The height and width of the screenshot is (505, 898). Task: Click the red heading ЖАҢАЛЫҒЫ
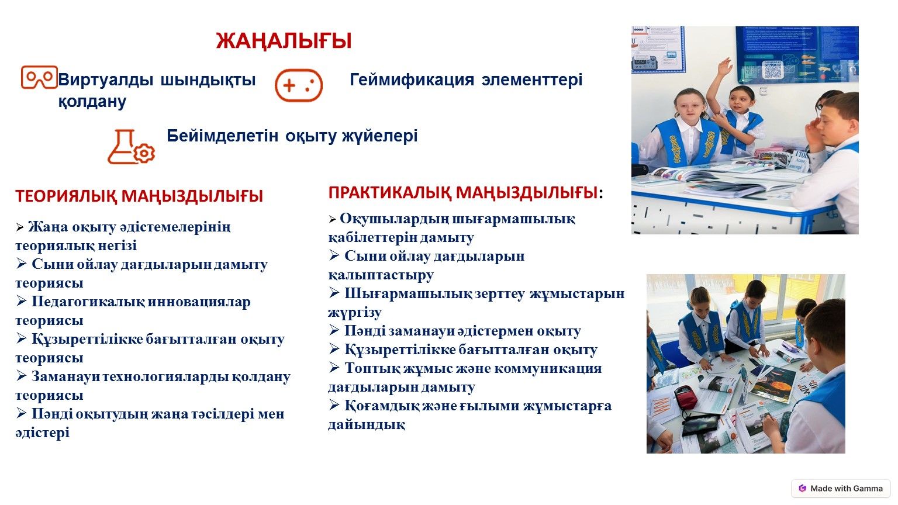(x=284, y=41)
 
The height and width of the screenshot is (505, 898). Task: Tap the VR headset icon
(x=39, y=77)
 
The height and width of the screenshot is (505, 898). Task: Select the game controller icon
(x=299, y=85)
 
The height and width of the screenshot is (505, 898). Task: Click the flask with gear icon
(x=131, y=147)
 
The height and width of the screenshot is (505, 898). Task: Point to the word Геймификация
(x=412, y=79)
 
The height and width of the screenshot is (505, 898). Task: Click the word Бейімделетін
(x=222, y=136)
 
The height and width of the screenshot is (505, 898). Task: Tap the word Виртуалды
(x=106, y=79)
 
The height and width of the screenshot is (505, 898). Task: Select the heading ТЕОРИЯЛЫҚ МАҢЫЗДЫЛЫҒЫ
(x=139, y=196)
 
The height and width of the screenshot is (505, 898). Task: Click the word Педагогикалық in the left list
(x=88, y=302)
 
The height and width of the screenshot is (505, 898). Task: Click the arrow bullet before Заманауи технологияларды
(x=22, y=376)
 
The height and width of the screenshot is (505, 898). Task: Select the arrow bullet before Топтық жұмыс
(x=334, y=367)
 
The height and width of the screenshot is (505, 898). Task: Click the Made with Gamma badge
(x=841, y=488)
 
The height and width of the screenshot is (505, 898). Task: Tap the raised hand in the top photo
(x=724, y=65)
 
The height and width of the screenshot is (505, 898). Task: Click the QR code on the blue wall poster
(x=772, y=71)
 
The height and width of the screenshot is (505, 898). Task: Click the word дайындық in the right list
(x=367, y=424)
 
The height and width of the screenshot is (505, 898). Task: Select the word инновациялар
(x=199, y=302)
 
